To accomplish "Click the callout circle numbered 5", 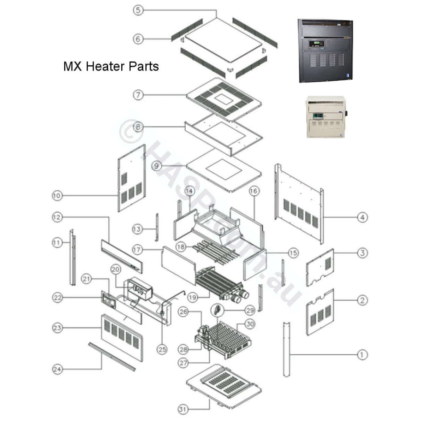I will [x=138, y=10].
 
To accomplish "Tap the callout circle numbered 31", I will [x=183, y=409].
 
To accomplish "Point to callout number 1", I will [x=362, y=355].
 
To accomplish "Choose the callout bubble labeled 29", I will [x=250, y=310].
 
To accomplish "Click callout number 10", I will [x=57, y=195].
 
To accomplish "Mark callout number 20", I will [x=115, y=269].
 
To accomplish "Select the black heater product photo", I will [x=325, y=50].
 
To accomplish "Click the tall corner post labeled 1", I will [x=286, y=349].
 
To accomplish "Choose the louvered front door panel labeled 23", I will [x=122, y=337].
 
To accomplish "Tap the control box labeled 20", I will [x=140, y=289].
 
